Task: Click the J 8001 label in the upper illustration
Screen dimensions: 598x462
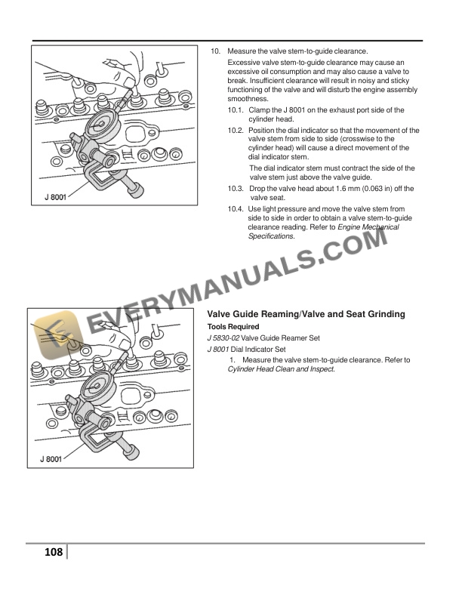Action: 54,199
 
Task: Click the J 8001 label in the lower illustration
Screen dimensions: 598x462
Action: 51,460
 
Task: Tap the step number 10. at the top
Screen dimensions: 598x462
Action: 215,51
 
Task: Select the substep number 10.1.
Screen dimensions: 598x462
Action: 236,110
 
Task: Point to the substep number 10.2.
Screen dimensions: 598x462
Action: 236,130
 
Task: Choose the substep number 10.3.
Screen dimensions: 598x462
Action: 236,188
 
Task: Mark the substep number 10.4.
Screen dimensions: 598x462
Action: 236,208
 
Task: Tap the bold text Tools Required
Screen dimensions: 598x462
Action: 233,326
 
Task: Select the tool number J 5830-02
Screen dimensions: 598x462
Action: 224,338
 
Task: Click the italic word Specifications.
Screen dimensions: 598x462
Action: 271,236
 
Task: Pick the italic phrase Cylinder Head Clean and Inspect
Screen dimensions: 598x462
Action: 281,369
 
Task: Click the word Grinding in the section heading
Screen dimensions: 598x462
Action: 383,313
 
